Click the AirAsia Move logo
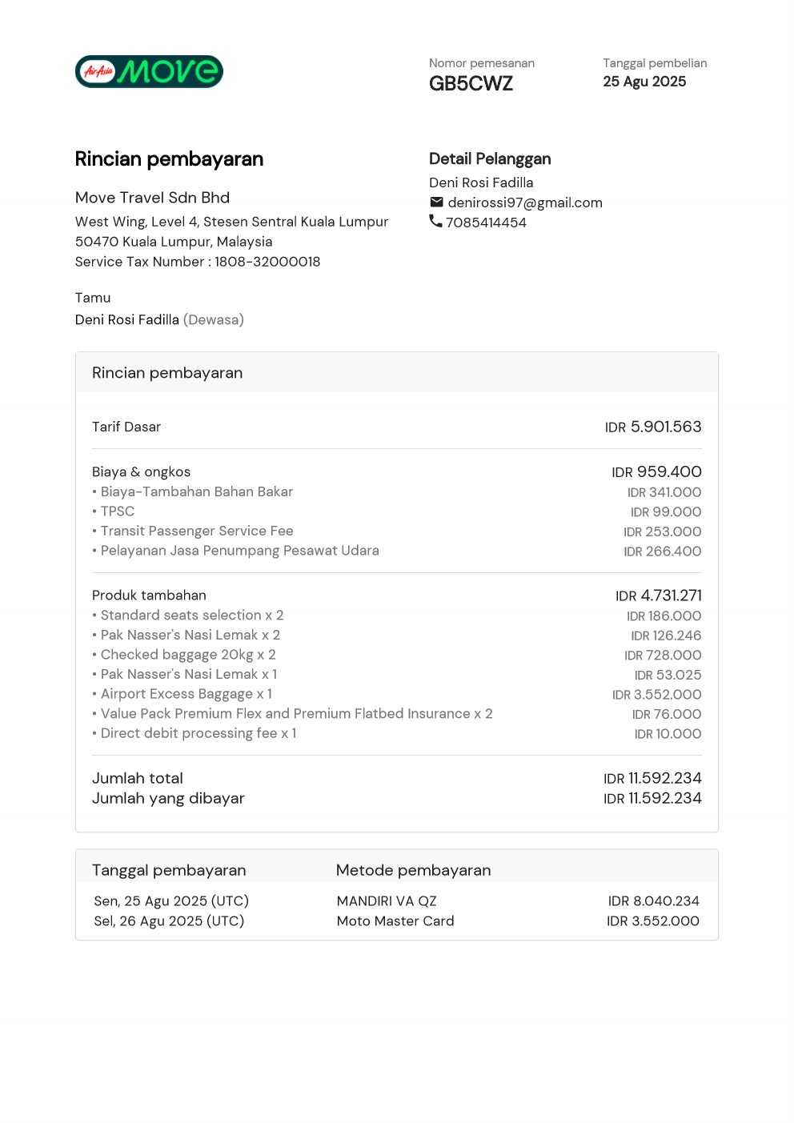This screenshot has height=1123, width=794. (149, 71)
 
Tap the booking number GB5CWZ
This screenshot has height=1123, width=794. (471, 84)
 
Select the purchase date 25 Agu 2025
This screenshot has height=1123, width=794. (644, 82)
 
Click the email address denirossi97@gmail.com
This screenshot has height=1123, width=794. (525, 203)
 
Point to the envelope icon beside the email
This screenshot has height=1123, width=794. (436, 202)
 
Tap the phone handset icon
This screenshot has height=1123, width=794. (435, 221)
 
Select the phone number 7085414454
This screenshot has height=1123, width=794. (486, 223)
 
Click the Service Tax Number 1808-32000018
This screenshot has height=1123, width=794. (267, 262)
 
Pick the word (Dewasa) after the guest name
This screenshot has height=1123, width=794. (214, 319)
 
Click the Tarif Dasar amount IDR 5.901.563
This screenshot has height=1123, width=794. (653, 427)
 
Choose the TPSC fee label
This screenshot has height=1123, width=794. (117, 511)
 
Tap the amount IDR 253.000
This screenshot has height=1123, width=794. (663, 531)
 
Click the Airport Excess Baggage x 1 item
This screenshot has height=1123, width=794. (186, 694)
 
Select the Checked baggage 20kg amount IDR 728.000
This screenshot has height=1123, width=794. (663, 655)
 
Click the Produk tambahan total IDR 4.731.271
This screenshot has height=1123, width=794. (658, 596)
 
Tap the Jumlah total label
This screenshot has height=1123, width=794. (138, 778)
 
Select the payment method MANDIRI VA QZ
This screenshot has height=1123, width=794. (387, 901)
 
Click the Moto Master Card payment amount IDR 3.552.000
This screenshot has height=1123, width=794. (653, 921)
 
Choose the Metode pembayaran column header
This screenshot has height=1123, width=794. (413, 870)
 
